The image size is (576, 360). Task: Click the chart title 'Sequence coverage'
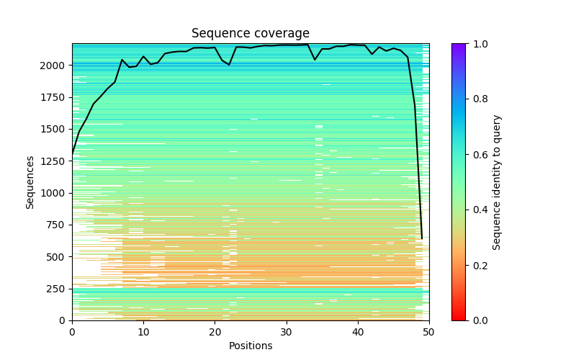click(251, 34)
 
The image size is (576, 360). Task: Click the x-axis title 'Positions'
click(251, 346)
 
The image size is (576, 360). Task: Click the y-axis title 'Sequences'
click(30, 182)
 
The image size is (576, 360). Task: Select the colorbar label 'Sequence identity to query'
click(497, 182)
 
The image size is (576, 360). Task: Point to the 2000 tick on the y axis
click(57, 66)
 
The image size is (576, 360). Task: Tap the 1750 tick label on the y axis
click(57, 97)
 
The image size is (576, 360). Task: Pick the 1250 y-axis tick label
click(57, 161)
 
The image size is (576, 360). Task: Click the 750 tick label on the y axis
click(60, 225)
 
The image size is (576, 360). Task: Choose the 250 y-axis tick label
click(60, 289)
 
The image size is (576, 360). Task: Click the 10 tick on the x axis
click(143, 331)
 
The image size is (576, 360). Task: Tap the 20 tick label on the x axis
click(215, 331)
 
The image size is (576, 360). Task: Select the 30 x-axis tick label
click(287, 331)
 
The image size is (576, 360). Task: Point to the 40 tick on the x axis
click(358, 331)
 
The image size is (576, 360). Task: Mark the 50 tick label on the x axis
click(429, 331)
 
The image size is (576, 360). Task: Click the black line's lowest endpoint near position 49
click(422, 238)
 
